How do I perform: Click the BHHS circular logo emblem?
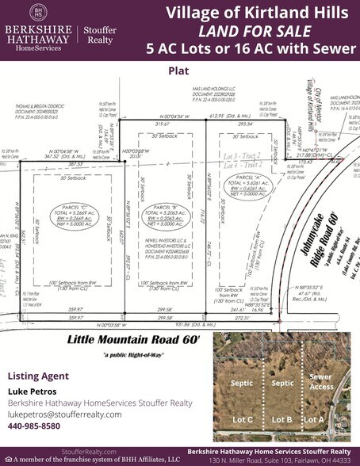[36, 12]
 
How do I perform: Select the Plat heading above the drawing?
[178, 70]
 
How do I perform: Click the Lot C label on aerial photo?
[238, 418]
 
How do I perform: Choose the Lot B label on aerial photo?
[283, 418]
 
